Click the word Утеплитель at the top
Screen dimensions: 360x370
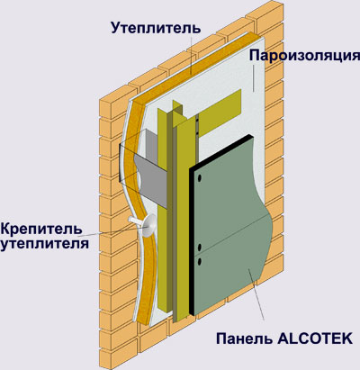pos(156,28)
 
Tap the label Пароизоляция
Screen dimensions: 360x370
pos(304,56)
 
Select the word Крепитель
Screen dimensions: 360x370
pos(41,229)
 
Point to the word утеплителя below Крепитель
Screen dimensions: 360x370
pos(44,243)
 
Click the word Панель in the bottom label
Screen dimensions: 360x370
pos(244,338)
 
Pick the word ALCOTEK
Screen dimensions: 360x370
pos(315,338)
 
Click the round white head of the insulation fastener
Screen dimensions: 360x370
pos(148,225)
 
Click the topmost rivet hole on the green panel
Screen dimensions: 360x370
pos(199,178)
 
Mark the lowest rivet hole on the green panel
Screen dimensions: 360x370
pos(199,262)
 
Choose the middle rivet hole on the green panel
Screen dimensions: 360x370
pos(199,248)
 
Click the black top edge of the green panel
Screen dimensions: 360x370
pos(220,152)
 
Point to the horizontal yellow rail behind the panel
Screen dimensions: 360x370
pos(220,113)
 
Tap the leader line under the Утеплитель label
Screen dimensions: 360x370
pos(191,55)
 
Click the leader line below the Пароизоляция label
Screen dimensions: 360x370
pos(254,77)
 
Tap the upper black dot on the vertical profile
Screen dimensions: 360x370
pos(197,119)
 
